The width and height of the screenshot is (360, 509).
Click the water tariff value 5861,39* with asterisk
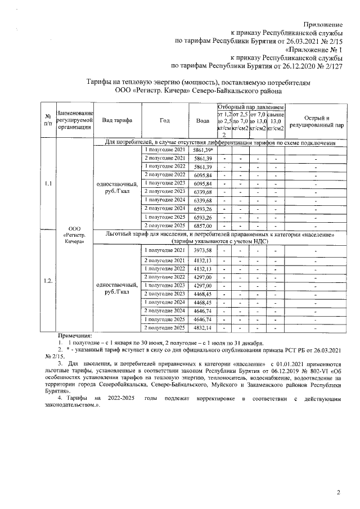tap(202, 151)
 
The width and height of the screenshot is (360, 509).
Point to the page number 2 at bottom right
tap(339, 493)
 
